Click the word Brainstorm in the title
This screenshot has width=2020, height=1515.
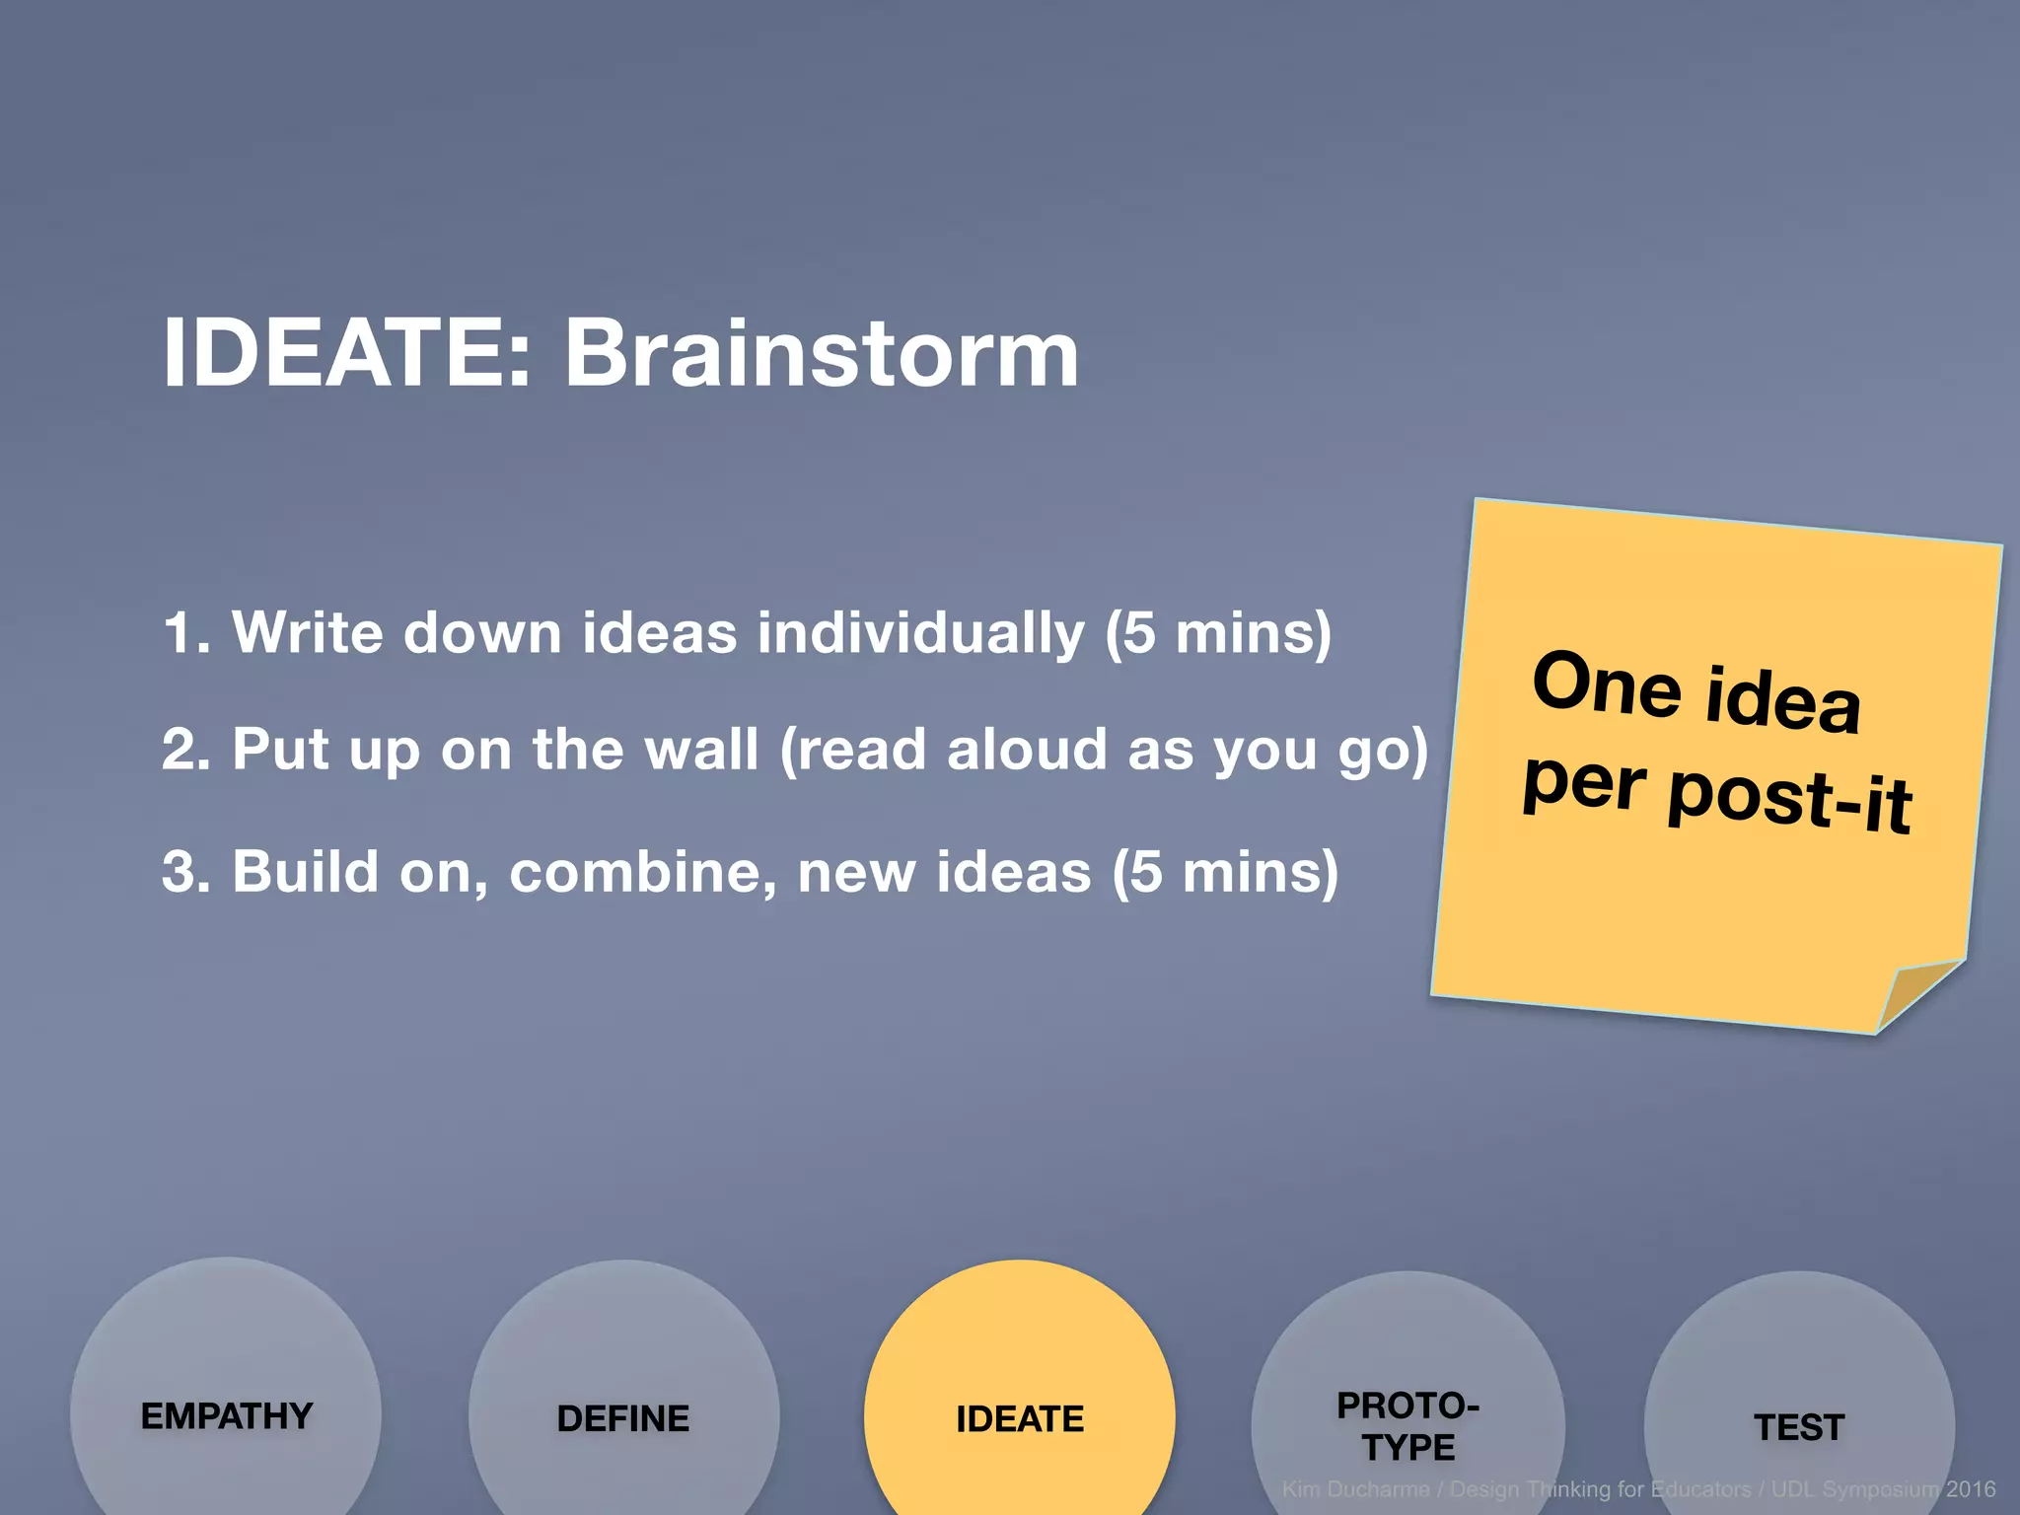click(821, 353)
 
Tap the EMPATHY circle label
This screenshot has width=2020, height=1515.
click(227, 1416)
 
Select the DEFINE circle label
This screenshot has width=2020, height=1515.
click(623, 1418)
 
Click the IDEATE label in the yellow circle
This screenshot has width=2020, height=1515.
click(1020, 1418)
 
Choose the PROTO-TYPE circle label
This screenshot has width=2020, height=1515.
click(1407, 1426)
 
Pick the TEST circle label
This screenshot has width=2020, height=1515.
click(1799, 1427)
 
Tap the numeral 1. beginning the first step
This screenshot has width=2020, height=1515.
click(186, 632)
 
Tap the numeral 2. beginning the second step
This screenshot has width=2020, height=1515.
click(186, 750)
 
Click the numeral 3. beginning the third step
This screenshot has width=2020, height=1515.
click(186, 872)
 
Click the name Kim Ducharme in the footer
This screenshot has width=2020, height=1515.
click(1355, 1489)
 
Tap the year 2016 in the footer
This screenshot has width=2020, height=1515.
click(1970, 1489)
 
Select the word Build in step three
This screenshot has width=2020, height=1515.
click(306, 872)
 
